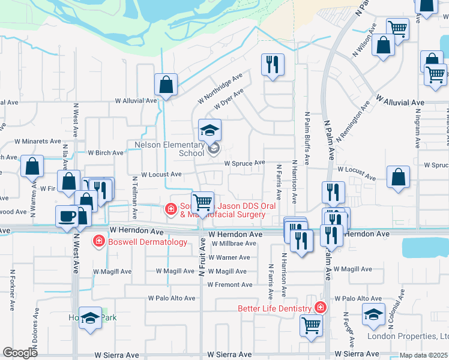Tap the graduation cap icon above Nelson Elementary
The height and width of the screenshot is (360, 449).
[210, 130]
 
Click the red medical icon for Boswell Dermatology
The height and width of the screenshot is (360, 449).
[98, 241]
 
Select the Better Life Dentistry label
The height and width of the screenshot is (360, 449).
[274, 308]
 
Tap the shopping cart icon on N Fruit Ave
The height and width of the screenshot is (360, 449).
[203, 203]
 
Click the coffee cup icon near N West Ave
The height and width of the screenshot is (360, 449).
[66, 215]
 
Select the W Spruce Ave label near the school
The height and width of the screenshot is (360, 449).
[244, 163]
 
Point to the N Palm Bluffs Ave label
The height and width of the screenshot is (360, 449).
[307, 138]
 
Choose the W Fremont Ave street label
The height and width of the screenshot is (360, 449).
[229, 285]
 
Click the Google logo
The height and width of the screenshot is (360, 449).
[20, 353]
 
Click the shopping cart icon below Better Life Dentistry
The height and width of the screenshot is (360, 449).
[311, 325]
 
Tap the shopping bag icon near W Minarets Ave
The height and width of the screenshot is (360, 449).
[32, 166]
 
